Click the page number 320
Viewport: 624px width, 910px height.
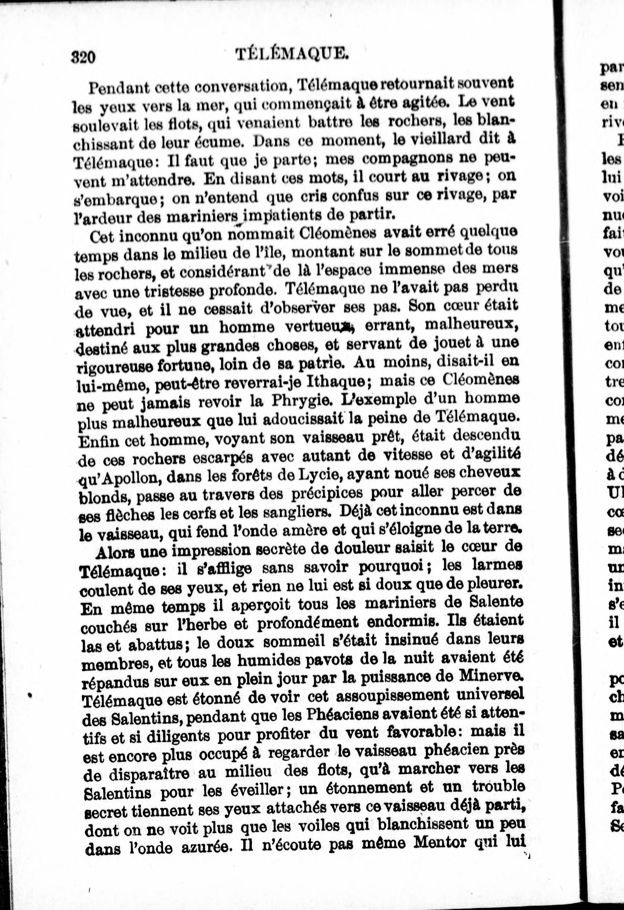83,57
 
